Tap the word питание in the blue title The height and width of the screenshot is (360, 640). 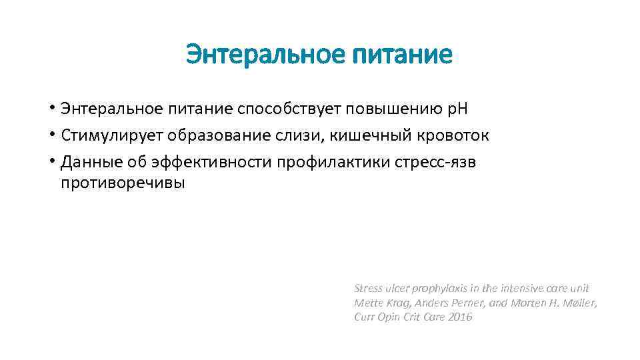405,55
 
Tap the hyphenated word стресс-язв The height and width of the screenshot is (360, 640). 441,162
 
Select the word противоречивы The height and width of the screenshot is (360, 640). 123,183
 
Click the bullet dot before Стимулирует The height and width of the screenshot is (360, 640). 51,135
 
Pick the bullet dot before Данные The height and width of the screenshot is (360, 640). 51,162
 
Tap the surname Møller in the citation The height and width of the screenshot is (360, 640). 578,303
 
